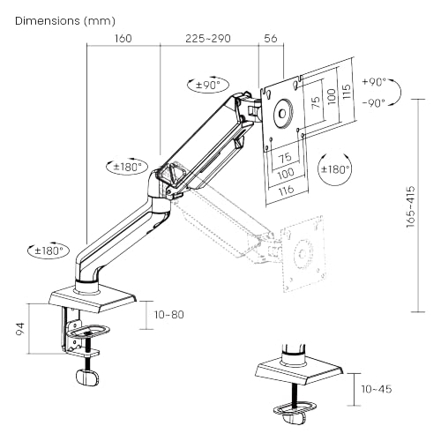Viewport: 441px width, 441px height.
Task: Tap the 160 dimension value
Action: click(x=123, y=39)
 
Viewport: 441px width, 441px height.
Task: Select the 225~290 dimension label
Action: click(x=208, y=39)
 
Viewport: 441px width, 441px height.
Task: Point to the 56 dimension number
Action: click(x=270, y=39)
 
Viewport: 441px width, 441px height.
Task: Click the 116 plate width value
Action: click(x=285, y=191)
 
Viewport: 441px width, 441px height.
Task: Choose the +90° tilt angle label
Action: click(x=373, y=81)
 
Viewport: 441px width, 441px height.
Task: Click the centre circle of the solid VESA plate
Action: click(x=282, y=113)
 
